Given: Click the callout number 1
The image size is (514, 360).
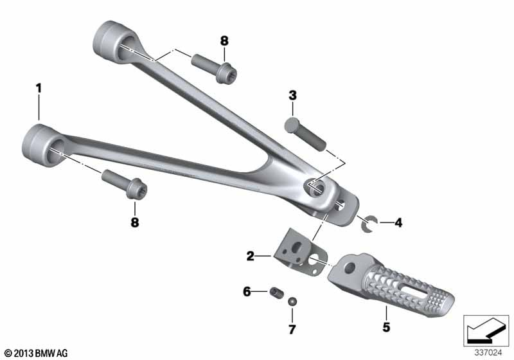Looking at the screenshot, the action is pos(39,88).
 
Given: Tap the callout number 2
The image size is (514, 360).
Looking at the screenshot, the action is pos(251,256).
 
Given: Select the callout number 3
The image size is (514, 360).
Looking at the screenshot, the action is pos(292,95).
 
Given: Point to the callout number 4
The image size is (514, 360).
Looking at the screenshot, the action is pos(398,223).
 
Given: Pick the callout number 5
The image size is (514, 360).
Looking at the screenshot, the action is pos(386,327).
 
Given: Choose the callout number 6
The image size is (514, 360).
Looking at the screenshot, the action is pos(247,291).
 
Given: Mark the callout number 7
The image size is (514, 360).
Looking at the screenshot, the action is pos(292,329).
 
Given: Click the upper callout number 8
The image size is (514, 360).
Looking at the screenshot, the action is pos(224,41).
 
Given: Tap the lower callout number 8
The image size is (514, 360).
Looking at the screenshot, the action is pos(135,222).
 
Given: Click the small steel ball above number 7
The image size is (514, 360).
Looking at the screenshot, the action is pos(292,301).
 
